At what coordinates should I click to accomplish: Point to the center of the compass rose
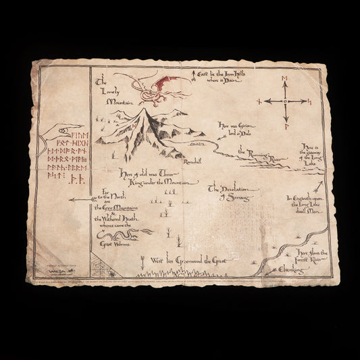pyautogui.click(x=284, y=101)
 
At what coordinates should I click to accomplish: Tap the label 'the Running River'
pyautogui.click(x=260, y=158)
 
